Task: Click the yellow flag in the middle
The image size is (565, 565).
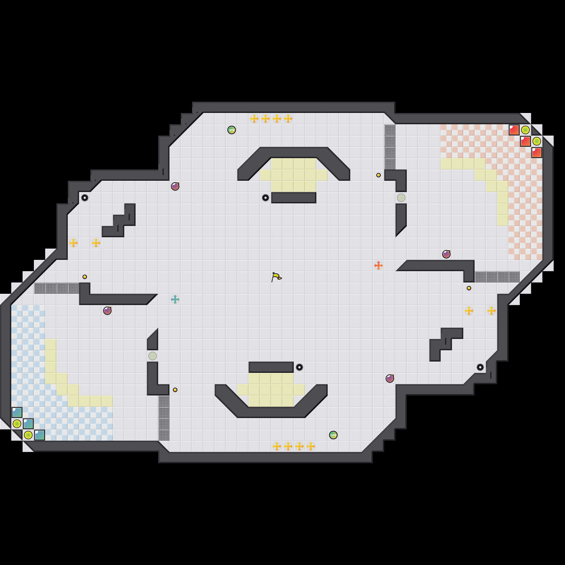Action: (276, 277)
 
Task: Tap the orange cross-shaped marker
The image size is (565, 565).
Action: (378, 265)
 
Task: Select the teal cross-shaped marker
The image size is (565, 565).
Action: (175, 299)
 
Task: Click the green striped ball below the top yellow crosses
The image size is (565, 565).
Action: (231, 130)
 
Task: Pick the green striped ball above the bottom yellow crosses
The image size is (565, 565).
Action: (333, 435)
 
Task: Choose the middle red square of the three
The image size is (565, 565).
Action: (525, 141)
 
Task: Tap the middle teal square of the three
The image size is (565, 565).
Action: (28, 423)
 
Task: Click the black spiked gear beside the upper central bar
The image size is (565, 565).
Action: (265, 198)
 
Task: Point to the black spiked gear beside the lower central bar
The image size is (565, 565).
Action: (299, 367)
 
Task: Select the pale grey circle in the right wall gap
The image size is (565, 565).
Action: (401, 198)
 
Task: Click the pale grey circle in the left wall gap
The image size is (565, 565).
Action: (152, 356)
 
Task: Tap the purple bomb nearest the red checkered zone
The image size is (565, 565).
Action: (446, 254)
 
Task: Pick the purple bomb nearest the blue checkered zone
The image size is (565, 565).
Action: (107, 310)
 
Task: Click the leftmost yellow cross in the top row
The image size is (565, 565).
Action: (254, 118)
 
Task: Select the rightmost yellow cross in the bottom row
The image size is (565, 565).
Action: (310, 446)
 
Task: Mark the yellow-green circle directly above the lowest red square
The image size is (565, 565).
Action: (536, 141)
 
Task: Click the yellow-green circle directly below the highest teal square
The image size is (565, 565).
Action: (17, 423)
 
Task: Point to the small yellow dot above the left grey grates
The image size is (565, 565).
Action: (84, 277)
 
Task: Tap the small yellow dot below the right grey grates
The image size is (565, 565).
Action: (469, 288)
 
